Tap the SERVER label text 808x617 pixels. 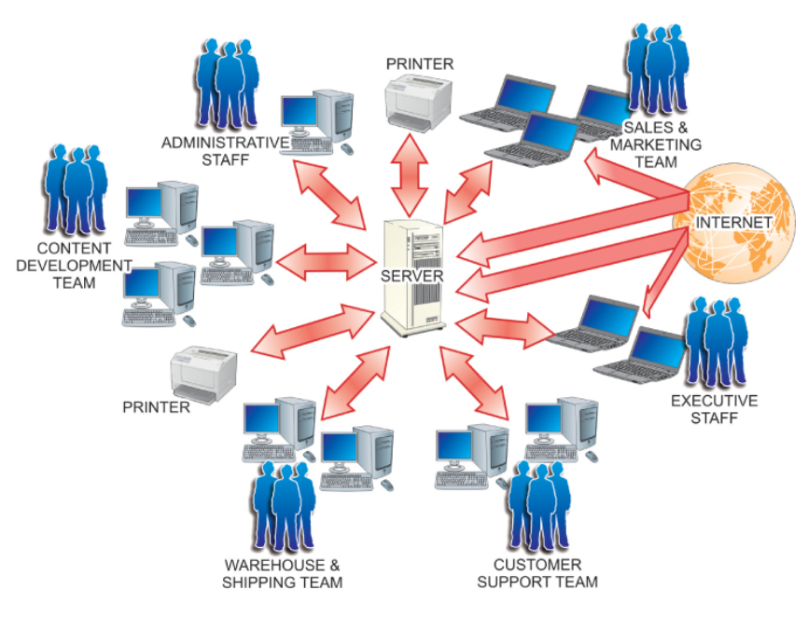click(411, 277)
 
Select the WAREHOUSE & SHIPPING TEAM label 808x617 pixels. click(282, 573)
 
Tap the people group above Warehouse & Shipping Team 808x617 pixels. click(280, 508)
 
